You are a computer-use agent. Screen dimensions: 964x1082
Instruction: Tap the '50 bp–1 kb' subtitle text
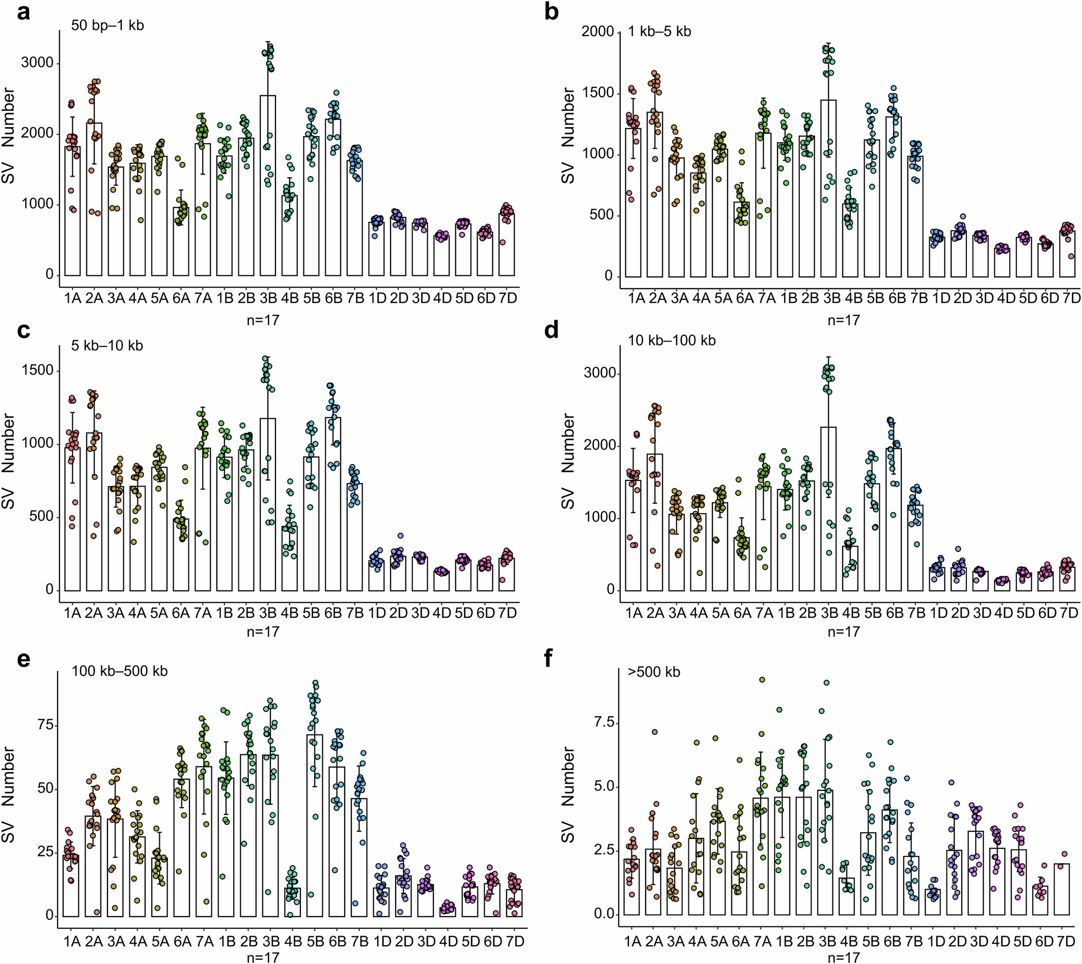107,25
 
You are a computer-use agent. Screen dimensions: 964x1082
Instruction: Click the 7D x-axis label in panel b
1071,298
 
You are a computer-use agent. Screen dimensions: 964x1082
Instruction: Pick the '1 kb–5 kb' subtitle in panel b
659,32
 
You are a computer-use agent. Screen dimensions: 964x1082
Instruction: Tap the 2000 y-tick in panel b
597,32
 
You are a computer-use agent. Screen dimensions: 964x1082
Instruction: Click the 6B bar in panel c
334,503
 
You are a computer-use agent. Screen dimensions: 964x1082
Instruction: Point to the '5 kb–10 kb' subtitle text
107,346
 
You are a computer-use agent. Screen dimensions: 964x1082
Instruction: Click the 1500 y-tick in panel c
39,371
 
